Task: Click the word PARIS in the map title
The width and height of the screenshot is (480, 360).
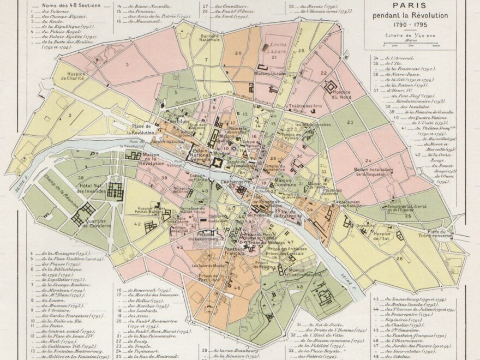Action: (410, 7)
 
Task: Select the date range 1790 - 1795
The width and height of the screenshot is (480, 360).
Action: (410, 25)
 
